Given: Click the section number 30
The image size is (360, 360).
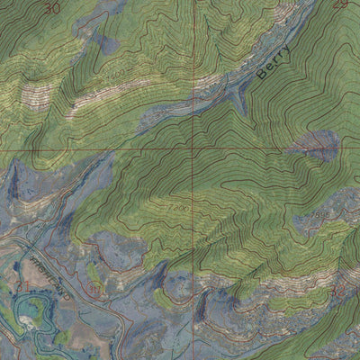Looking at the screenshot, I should click(52, 7).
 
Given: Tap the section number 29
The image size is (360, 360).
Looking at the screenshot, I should click(339, 4).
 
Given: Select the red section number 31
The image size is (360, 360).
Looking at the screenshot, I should click(22, 285).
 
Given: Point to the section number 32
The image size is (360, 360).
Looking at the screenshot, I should click(338, 292).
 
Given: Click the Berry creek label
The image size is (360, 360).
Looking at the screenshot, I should click(274, 62).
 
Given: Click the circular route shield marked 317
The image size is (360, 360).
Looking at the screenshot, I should click(94, 289).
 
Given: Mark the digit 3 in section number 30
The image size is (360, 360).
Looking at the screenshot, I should click(48, 7).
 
